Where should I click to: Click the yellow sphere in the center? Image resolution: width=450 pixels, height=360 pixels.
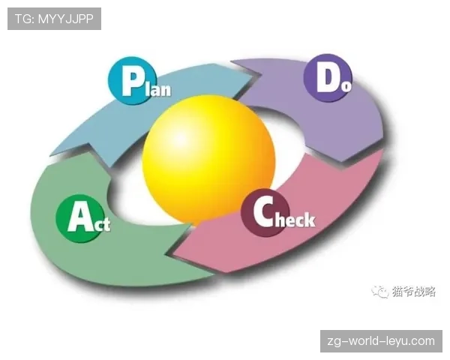click(x=208, y=160)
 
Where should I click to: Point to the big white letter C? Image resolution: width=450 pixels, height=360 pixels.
click(x=263, y=212)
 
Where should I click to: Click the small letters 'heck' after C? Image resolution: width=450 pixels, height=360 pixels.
click(x=295, y=220)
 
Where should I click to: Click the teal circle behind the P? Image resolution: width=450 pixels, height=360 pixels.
click(x=133, y=80)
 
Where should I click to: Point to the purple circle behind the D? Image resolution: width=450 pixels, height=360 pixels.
click(x=328, y=77)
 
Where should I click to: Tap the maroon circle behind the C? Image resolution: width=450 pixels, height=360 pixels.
click(x=264, y=213)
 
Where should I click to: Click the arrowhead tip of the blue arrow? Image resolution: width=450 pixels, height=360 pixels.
click(x=262, y=75)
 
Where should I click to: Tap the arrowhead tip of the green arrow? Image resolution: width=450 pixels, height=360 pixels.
click(x=51, y=156)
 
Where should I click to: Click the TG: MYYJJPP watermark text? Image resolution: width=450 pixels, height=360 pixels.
click(x=54, y=19)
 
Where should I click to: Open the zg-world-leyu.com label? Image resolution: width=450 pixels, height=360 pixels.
click(x=381, y=341)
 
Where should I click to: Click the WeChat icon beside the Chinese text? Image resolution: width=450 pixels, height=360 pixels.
click(x=380, y=292)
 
